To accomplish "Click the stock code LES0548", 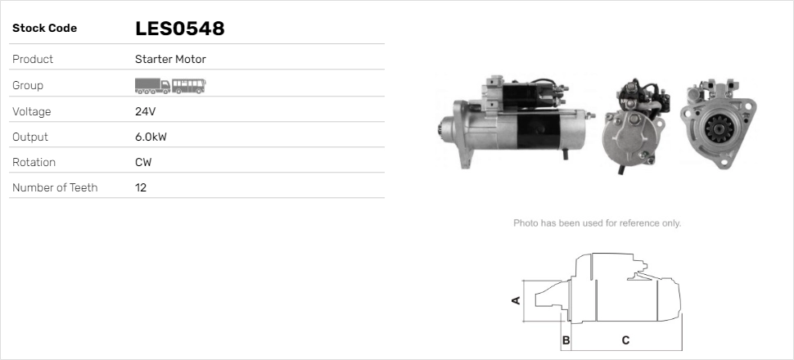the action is coord(180,29).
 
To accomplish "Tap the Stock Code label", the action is coord(44,29).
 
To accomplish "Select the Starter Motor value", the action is coord(170,59).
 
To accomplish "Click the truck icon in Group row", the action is coord(152,86).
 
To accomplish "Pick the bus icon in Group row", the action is coord(189,86).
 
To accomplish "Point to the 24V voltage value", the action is coord(146,111).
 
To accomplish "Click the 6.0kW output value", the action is coord(151,137).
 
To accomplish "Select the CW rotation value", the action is coord(143,162).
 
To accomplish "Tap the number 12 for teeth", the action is coord(141,187).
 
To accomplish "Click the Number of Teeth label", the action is coord(55,187).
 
